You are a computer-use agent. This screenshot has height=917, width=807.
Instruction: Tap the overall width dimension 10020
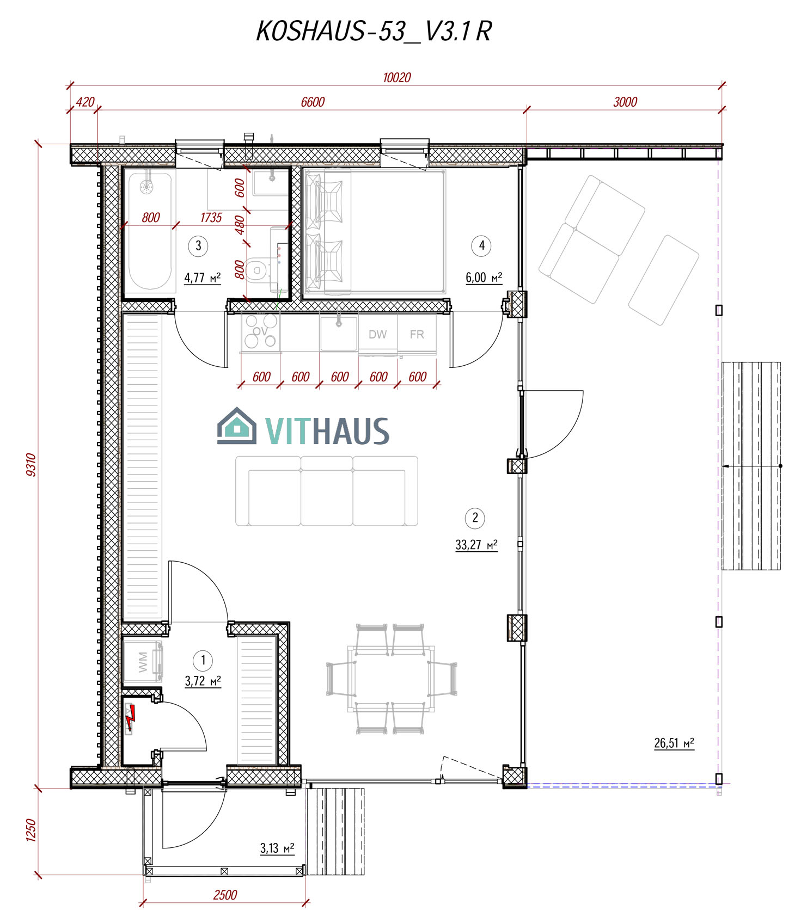396,77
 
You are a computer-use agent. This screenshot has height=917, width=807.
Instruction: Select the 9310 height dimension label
31,465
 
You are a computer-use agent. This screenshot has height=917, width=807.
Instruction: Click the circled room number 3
198,246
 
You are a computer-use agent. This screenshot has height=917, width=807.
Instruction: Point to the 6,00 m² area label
484,278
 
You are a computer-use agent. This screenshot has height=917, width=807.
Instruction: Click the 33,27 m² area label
476,545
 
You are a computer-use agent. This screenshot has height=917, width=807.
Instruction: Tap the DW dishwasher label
377,334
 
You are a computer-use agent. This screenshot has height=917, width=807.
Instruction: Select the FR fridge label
417,334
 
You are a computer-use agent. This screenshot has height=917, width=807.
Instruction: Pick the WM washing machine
143,662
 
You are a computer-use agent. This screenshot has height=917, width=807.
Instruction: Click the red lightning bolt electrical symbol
130,718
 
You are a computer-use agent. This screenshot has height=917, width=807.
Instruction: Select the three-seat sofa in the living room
327,491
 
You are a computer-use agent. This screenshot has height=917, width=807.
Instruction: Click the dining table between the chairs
392,679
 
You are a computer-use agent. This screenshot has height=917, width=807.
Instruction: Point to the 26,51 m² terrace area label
674,743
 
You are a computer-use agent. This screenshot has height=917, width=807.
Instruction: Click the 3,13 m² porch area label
277,848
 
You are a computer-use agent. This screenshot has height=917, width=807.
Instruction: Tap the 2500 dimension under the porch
225,895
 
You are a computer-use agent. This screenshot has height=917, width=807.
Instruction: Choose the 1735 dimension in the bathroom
211,218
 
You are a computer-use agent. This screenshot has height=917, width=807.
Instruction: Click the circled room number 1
203,661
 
